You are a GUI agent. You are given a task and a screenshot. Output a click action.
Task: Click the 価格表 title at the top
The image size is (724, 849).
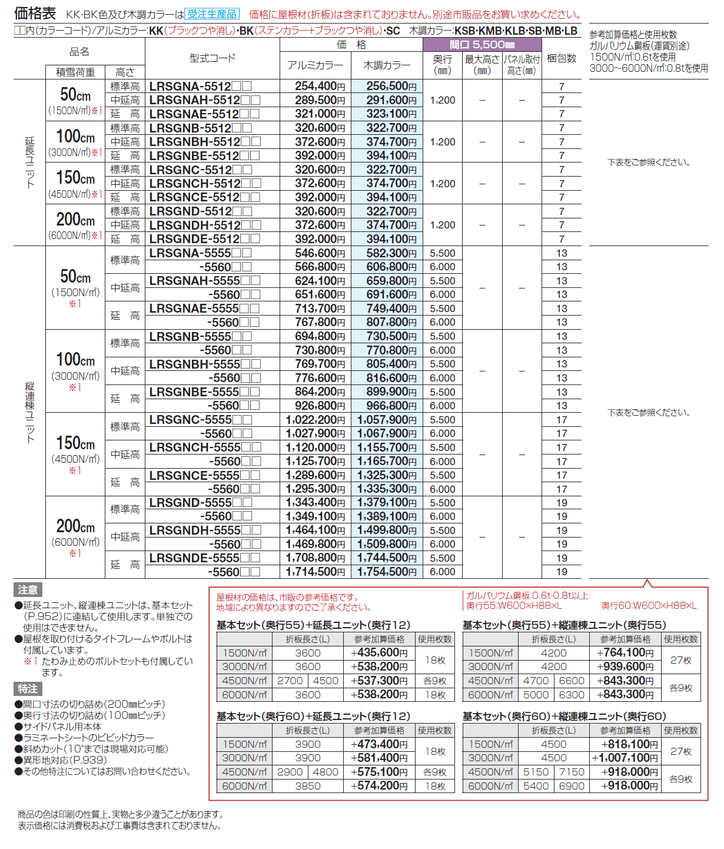point(35,13)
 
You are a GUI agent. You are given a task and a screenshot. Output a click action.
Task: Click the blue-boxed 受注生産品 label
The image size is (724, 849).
point(212,14)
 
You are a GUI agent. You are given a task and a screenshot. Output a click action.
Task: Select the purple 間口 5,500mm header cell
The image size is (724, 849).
point(482,45)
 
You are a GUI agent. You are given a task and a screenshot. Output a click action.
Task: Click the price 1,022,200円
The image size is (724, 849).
point(315,420)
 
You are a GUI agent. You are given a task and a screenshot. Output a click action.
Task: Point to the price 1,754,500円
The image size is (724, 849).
point(387,572)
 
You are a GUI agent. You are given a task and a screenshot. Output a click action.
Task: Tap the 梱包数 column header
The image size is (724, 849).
point(562,58)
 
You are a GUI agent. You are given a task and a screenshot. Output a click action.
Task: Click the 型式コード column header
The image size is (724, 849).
point(212,58)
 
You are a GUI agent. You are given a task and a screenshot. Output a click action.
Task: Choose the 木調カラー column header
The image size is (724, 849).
point(387,65)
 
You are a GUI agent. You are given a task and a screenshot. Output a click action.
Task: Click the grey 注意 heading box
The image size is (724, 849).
point(28,590)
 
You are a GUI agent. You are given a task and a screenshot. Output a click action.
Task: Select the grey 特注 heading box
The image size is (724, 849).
point(28,689)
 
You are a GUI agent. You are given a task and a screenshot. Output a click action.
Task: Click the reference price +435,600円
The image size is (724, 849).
point(379,653)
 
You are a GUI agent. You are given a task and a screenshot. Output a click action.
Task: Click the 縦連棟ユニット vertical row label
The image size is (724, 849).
point(30,412)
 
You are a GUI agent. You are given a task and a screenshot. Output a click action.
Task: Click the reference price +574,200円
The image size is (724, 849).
point(379,786)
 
